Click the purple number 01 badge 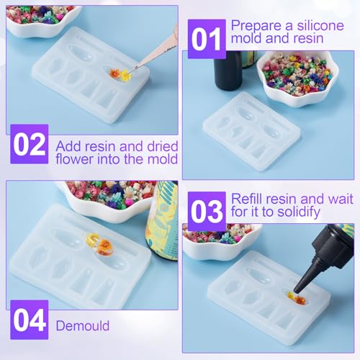[207, 39]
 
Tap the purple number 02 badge [30, 144]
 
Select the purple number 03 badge [207, 212]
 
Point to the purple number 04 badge [30, 320]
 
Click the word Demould [83, 325]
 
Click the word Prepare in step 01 [256, 27]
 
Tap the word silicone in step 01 [320, 25]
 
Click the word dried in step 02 [163, 146]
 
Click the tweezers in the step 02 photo [157, 50]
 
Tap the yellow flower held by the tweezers [126, 76]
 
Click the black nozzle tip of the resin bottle [297, 290]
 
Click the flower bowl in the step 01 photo [297, 78]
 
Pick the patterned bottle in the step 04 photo [163, 221]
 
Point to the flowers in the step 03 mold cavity [297, 298]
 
